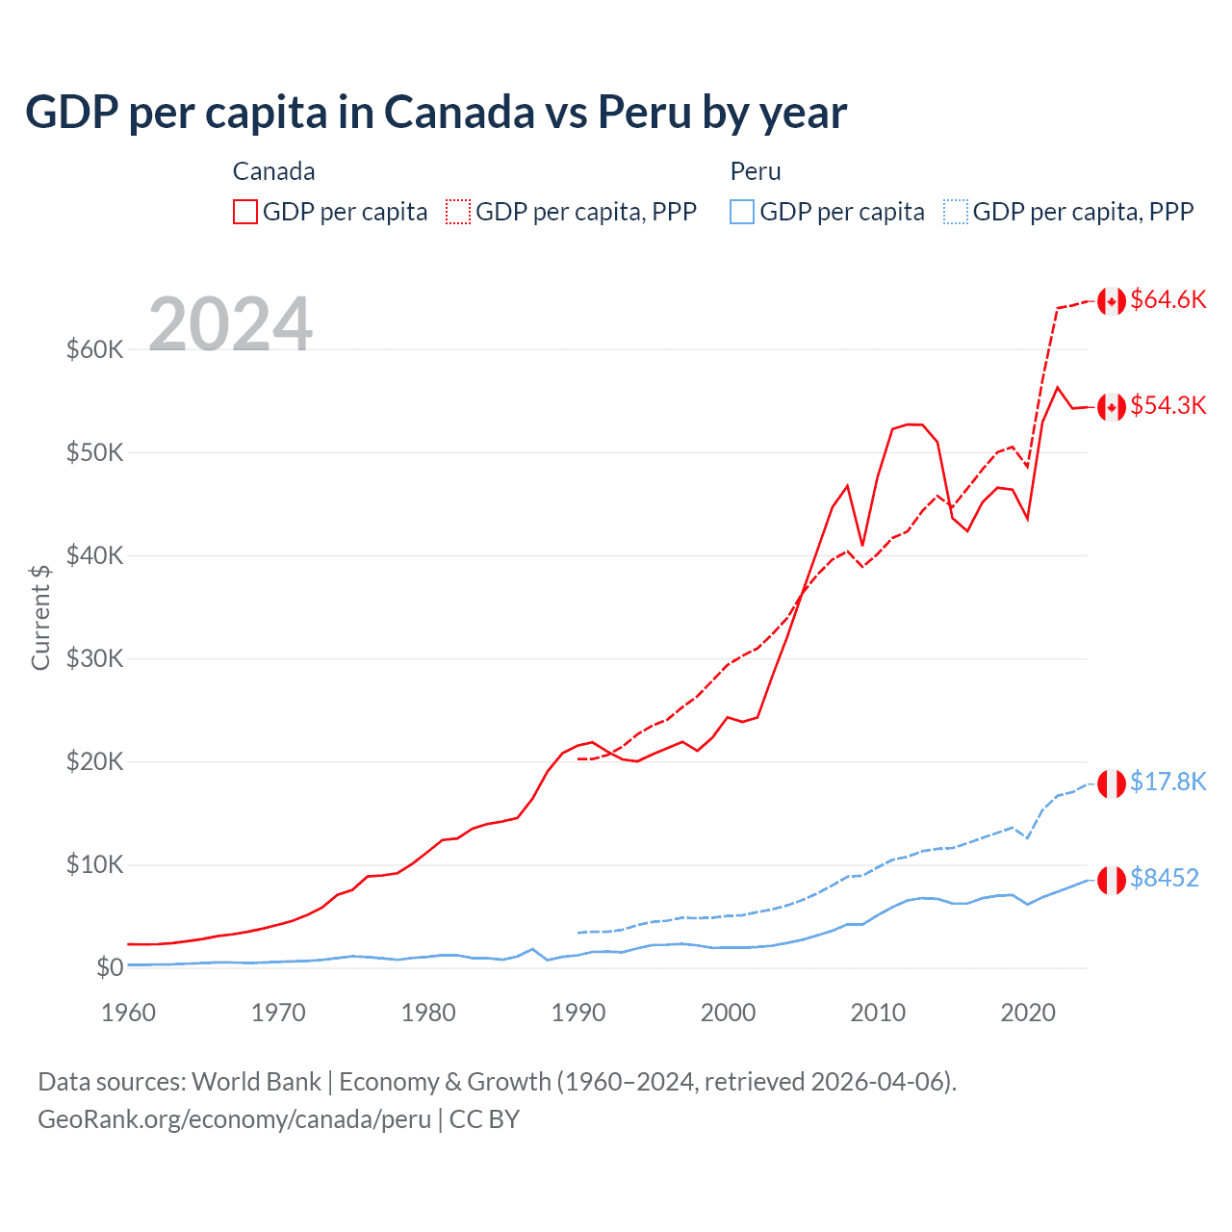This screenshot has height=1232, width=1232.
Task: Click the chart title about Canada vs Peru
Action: tap(436, 113)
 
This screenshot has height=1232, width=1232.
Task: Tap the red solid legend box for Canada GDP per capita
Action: tap(245, 212)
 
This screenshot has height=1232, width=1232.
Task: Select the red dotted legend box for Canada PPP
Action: tap(458, 212)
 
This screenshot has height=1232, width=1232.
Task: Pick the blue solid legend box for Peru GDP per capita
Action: tap(742, 212)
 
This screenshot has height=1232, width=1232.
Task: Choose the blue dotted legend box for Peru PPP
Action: tap(956, 212)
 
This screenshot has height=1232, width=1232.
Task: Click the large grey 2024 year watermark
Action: tap(230, 323)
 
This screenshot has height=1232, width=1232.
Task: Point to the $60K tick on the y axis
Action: tap(94, 349)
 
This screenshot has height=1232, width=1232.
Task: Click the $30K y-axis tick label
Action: tap(94, 658)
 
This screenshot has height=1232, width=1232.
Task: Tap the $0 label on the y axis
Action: tap(110, 967)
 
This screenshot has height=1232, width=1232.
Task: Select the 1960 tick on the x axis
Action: tap(128, 1013)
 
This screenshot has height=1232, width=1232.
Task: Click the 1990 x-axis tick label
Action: tap(578, 1013)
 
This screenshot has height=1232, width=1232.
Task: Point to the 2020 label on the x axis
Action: tap(1028, 1013)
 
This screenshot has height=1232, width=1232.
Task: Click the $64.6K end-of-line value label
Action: tap(1168, 299)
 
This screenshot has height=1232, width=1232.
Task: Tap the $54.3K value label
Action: tap(1168, 405)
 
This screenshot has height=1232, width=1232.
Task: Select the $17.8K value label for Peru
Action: tap(1168, 782)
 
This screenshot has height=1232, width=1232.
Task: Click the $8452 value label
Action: tap(1165, 878)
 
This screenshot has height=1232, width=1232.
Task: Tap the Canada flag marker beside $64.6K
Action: tap(1112, 301)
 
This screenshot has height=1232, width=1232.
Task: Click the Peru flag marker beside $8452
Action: tap(1112, 880)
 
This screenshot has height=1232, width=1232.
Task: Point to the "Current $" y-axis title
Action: tap(40, 617)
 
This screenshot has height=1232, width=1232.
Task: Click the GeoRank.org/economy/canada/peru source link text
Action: tap(234, 1119)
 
